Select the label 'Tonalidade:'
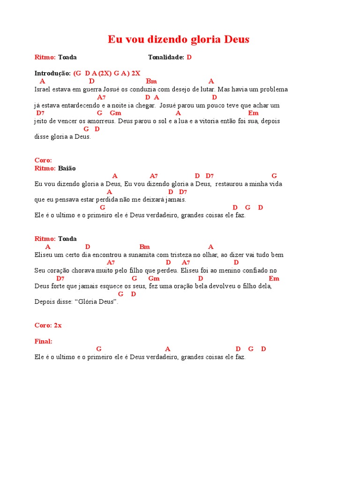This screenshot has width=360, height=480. [x=166, y=57]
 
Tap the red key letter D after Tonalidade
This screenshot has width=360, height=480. [x=189, y=57]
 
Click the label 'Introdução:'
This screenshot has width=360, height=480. [x=52, y=73]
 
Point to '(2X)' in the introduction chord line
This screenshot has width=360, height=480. [x=105, y=73]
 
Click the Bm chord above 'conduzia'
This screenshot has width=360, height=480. [x=151, y=81]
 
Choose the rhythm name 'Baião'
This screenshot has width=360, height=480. [x=67, y=168]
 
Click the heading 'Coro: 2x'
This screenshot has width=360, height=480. [x=48, y=325]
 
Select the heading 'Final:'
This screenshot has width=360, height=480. [x=44, y=341]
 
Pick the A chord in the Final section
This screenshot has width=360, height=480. [x=168, y=349]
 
